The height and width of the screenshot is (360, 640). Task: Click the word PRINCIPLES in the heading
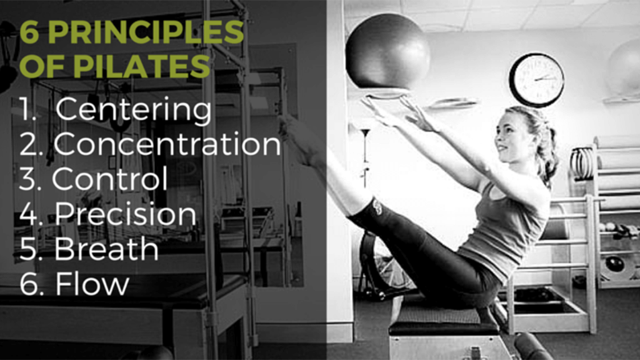(x=146, y=32)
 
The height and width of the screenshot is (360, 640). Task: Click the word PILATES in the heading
(x=142, y=66)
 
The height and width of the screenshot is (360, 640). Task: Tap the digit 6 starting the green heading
(x=29, y=32)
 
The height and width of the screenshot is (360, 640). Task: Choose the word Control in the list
(x=110, y=178)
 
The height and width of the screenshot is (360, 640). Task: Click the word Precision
(x=126, y=214)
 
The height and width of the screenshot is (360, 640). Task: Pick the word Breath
(x=106, y=249)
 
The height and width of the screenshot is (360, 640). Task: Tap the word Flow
(x=92, y=283)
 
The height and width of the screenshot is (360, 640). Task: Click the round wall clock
(x=537, y=79)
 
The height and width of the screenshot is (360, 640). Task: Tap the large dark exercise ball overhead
(x=387, y=51)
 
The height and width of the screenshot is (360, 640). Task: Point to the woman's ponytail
(x=549, y=155)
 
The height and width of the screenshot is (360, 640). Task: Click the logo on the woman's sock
(x=377, y=207)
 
